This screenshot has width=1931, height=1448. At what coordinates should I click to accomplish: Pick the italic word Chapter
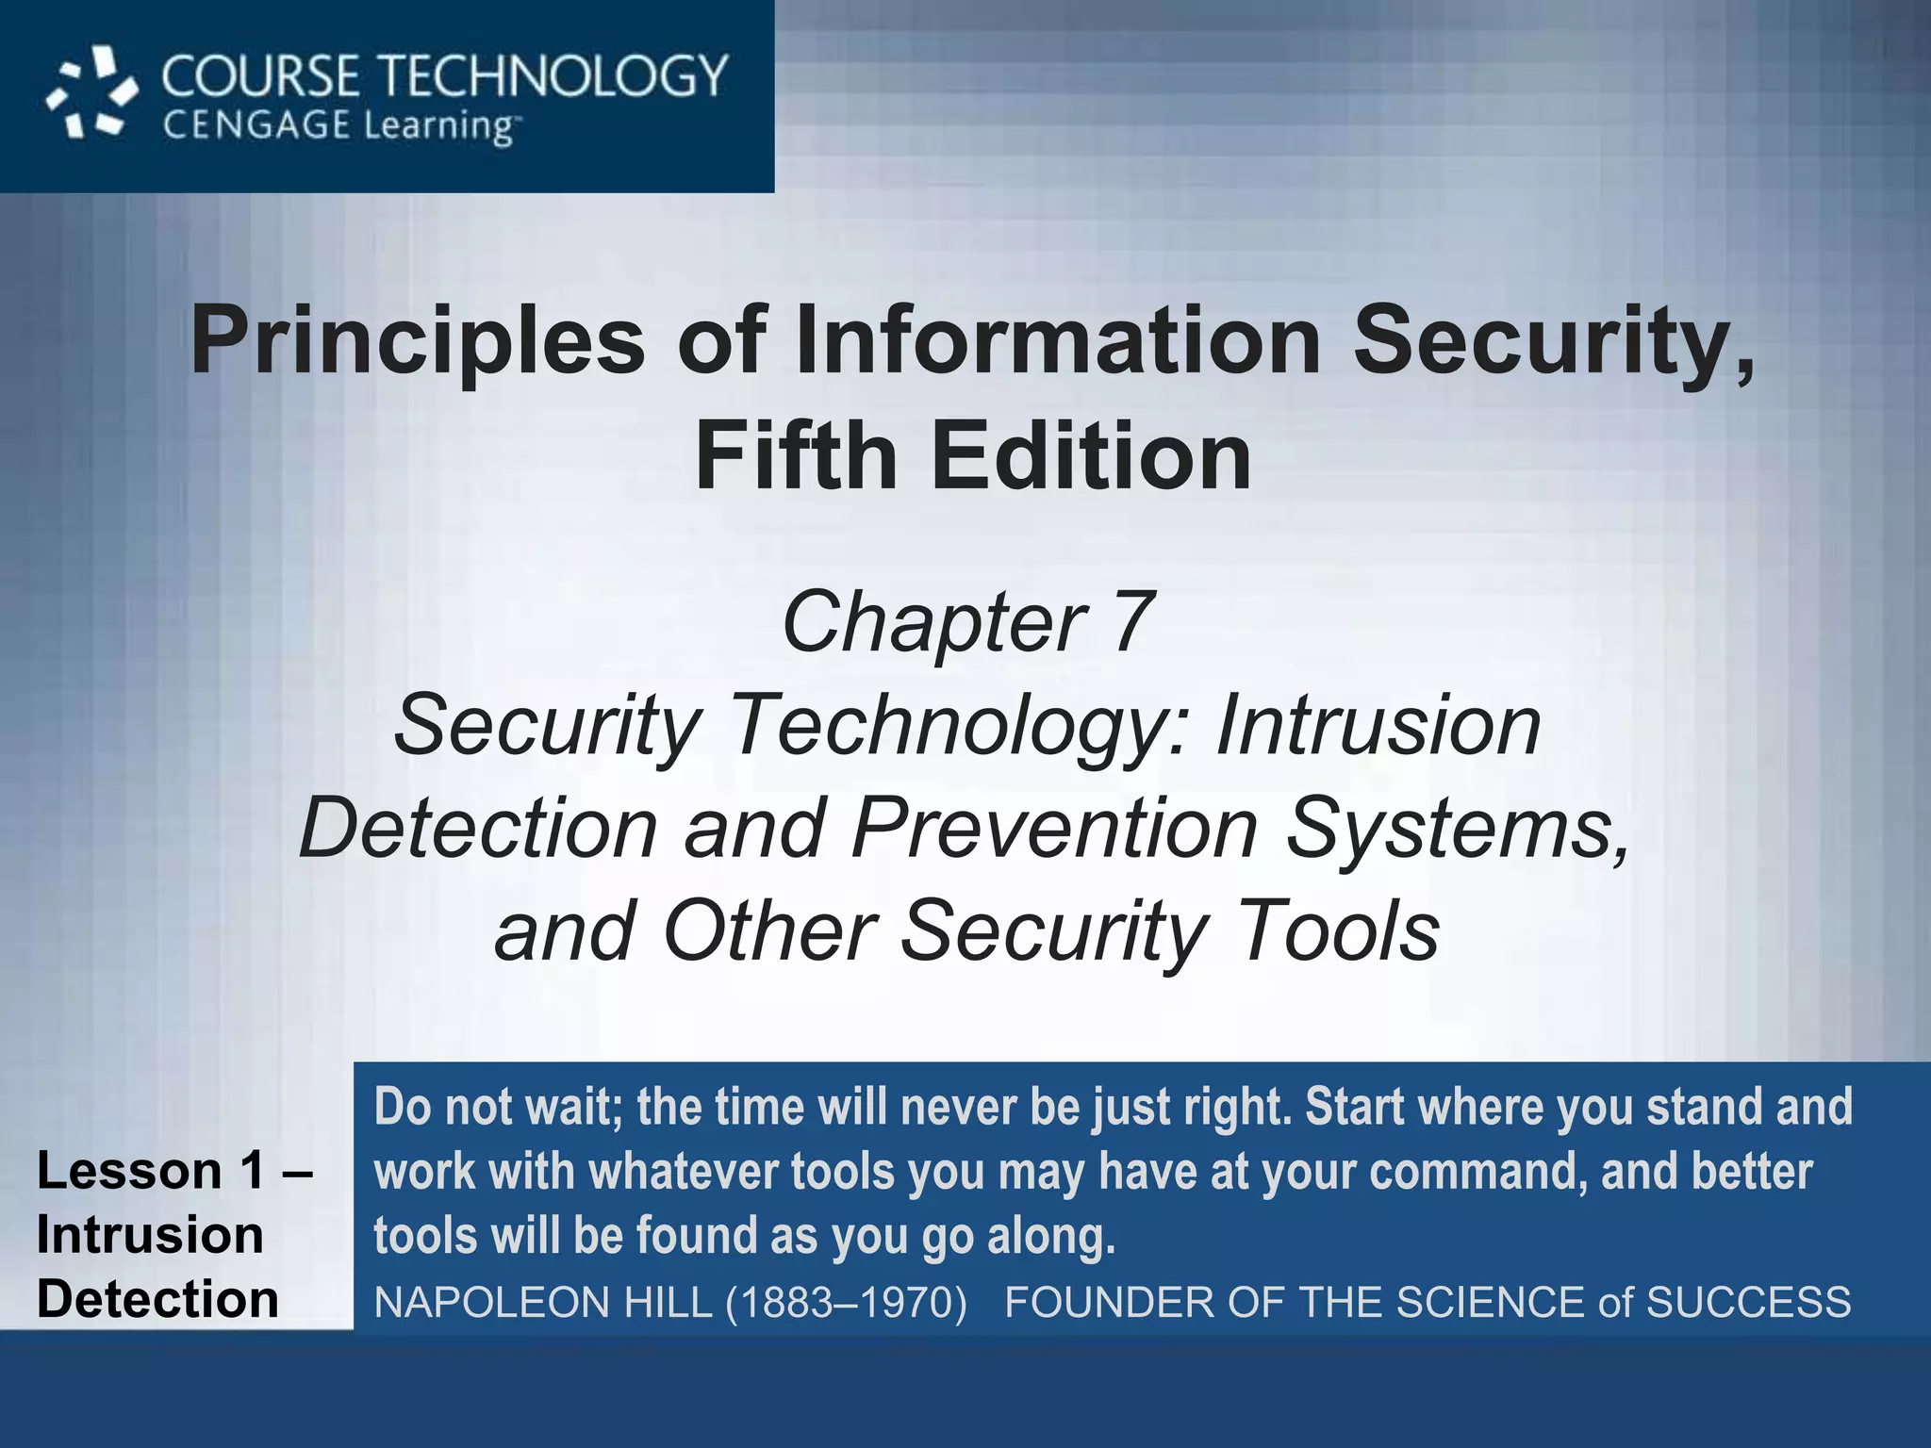pyautogui.click(x=934, y=622)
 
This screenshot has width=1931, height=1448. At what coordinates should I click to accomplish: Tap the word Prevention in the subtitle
pyautogui.click(x=1055, y=829)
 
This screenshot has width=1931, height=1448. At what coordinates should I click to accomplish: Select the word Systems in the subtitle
pyautogui.click(x=1458, y=829)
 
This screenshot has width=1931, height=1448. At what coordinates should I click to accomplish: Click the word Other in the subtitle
pyautogui.click(x=770, y=931)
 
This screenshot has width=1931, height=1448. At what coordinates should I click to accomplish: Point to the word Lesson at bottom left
pyautogui.click(x=129, y=1171)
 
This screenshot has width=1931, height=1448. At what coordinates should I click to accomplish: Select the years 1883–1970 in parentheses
pyautogui.click(x=847, y=1303)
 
